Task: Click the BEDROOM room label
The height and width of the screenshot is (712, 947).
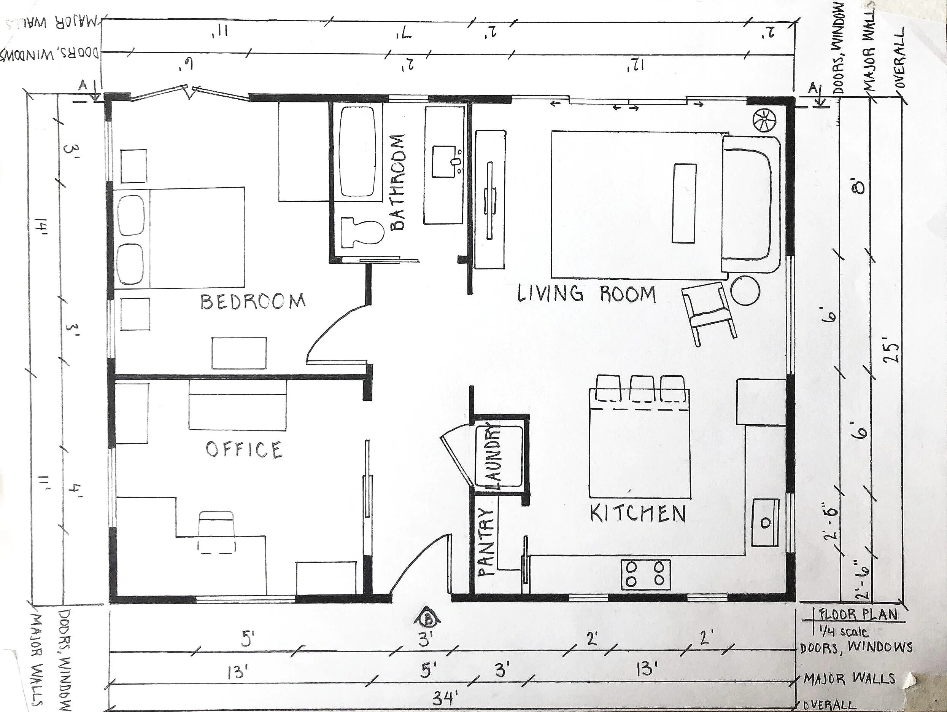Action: point(253,301)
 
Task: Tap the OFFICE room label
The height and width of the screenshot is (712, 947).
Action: point(244,449)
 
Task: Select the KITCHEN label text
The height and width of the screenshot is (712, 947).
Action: point(637,514)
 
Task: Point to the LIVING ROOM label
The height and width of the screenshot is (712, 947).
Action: point(586,294)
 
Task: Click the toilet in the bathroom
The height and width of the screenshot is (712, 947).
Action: point(362,232)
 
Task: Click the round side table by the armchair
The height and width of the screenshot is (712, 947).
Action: point(745,290)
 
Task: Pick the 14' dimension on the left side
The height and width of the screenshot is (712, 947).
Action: point(41,226)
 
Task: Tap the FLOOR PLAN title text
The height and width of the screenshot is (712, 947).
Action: point(858,615)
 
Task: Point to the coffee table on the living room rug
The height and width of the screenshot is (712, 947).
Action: point(685,202)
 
